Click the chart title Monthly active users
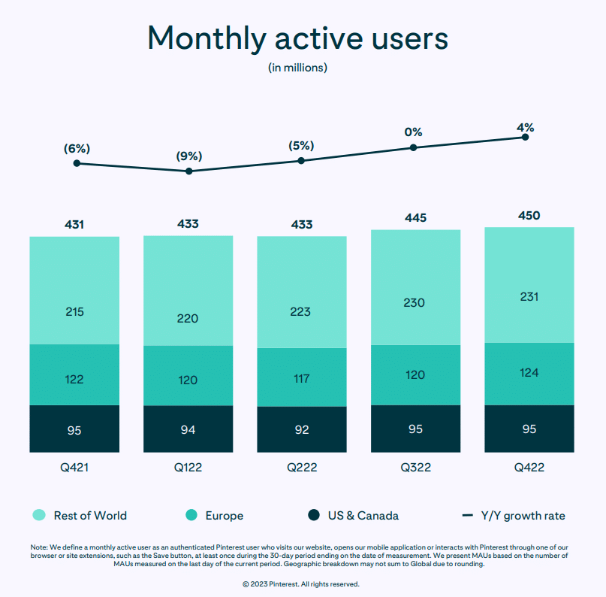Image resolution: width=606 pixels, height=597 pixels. (297, 37)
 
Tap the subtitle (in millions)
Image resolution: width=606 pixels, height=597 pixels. (297, 68)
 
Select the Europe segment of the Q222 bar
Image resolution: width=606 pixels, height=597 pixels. (302, 377)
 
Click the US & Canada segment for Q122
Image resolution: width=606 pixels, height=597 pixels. (188, 429)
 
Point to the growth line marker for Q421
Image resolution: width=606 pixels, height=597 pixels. (77, 163)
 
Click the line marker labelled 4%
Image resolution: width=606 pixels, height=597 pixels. (525, 137)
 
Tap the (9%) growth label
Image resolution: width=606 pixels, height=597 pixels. (188, 156)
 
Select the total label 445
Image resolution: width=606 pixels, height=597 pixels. (415, 218)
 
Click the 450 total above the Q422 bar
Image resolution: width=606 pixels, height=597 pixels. (529, 216)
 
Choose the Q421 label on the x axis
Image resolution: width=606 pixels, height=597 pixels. (74, 467)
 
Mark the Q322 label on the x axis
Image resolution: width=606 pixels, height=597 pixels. (415, 467)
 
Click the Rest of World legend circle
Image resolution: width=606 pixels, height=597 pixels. (39, 515)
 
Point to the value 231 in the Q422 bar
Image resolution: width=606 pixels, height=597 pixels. (529, 297)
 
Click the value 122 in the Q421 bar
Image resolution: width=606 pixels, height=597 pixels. (74, 380)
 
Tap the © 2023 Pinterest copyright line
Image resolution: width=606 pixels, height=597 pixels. (300, 583)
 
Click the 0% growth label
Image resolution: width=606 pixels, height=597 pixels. (413, 132)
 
